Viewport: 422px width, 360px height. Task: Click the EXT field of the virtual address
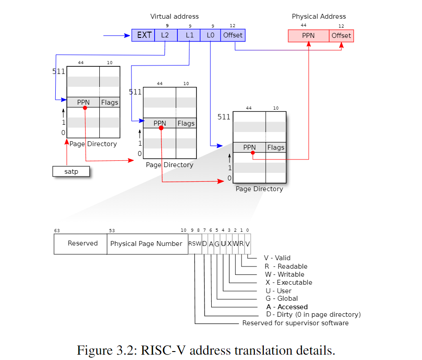[x=143, y=35]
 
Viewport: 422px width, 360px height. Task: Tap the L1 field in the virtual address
[x=188, y=35]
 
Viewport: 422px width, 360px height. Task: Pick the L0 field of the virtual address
[x=210, y=35]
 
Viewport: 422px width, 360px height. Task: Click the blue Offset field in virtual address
[x=233, y=35]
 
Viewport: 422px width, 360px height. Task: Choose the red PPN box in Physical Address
[x=308, y=36]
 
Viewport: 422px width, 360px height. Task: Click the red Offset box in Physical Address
[x=341, y=36]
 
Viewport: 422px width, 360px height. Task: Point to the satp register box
[x=71, y=172]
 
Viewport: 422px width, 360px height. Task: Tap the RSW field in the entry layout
[x=195, y=244]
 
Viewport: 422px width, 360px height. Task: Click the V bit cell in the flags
[x=247, y=244]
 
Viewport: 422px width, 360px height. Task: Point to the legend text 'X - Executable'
[x=288, y=282]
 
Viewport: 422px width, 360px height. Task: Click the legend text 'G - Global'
[x=281, y=299]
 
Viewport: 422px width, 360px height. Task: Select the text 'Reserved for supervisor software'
[x=295, y=323]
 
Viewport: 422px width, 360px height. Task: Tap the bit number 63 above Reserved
[x=57, y=231]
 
